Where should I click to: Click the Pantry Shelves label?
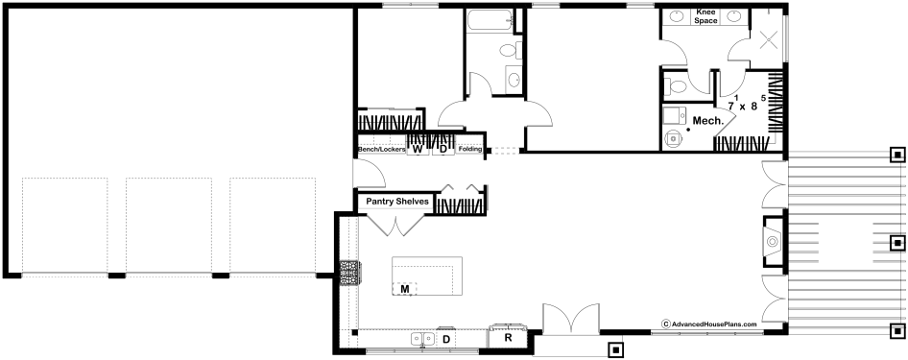(x=397, y=202)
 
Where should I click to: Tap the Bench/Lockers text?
(x=382, y=150)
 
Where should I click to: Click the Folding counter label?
(x=469, y=150)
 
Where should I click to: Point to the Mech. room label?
(x=708, y=121)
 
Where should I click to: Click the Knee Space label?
(x=705, y=16)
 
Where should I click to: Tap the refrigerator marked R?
(x=508, y=338)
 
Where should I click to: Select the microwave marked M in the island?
(x=405, y=288)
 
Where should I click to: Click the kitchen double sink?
(x=422, y=339)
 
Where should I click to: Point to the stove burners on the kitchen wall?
(x=349, y=273)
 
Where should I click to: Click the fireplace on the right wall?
(x=773, y=241)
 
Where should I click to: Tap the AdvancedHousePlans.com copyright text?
(x=709, y=324)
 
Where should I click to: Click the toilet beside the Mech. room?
(x=675, y=86)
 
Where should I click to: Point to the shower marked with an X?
(x=768, y=38)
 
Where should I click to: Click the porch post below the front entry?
(x=615, y=350)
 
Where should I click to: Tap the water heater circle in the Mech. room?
(x=674, y=139)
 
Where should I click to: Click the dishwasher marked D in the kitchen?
(x=446, y=339)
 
